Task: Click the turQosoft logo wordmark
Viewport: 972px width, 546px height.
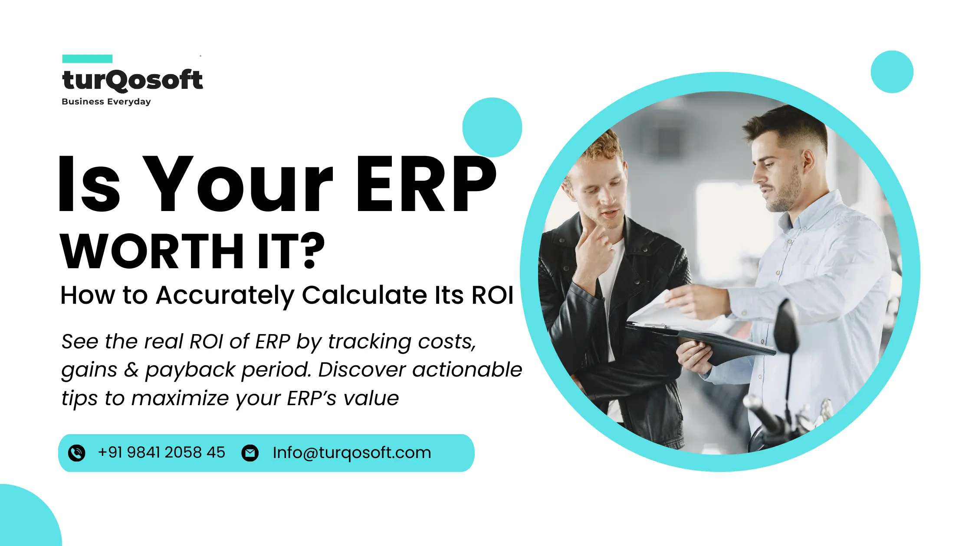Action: [x=132, y=80]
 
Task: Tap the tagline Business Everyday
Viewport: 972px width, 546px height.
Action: [x=106, y=102]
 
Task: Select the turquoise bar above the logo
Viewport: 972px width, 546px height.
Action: [x=87, y=59]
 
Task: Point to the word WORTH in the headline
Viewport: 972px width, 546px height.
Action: [x=152, y=251]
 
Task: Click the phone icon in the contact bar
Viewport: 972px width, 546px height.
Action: [x=77, y=453]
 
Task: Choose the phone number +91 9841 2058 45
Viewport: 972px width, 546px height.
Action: [x=161, y=453]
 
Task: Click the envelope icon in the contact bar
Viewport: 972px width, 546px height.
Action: [x=250, y=453]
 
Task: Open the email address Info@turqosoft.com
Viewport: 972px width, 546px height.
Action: [x=351, y=453]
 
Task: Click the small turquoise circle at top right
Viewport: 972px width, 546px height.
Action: [x=892, y=72]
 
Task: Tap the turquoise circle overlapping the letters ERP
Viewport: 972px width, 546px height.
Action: [x=492, y=127]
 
